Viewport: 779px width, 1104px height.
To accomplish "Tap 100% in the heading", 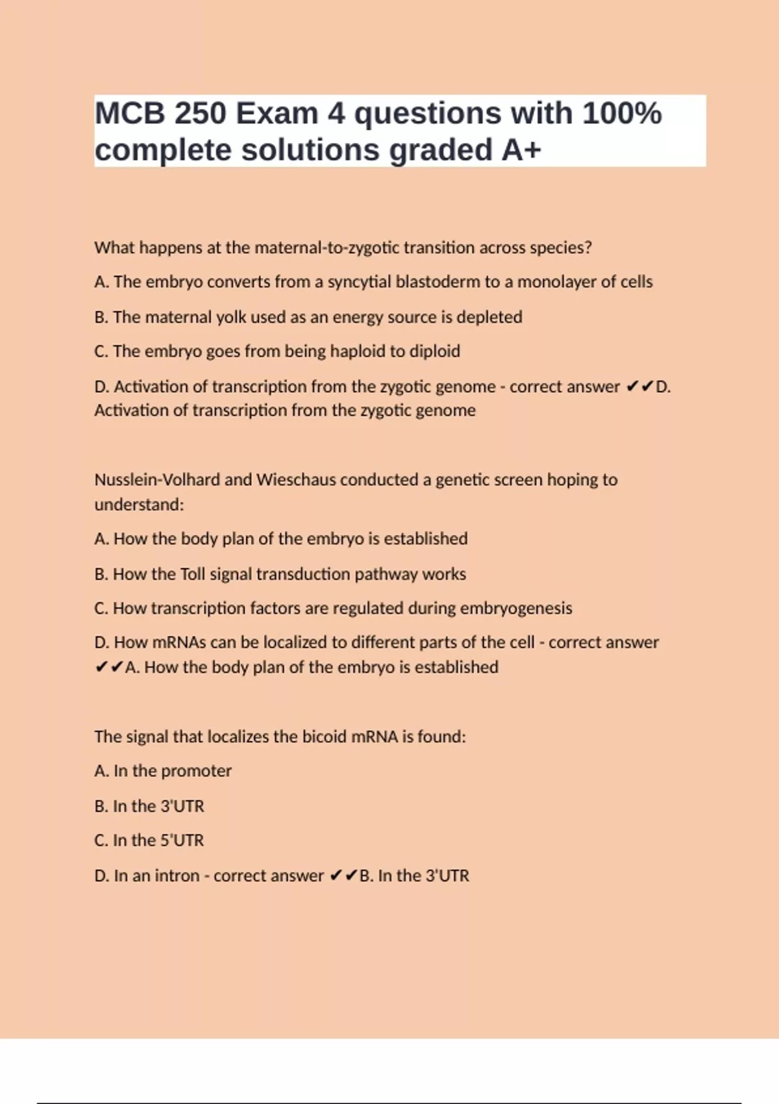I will pyautogui.click(x=622, y=114).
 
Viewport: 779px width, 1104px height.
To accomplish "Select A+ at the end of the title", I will pyautogui.click(x=521, y=150).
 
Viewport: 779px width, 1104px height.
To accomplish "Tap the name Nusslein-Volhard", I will pyautogui.click(x=156, y=480).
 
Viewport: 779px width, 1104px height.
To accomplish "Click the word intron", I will pyautogui.click(x=175, y=876).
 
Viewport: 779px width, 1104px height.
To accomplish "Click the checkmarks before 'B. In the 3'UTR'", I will pyautogui.click(x=343, y=876).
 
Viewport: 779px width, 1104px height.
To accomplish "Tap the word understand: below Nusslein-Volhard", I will pyautogui.click(x=139, y=505).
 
